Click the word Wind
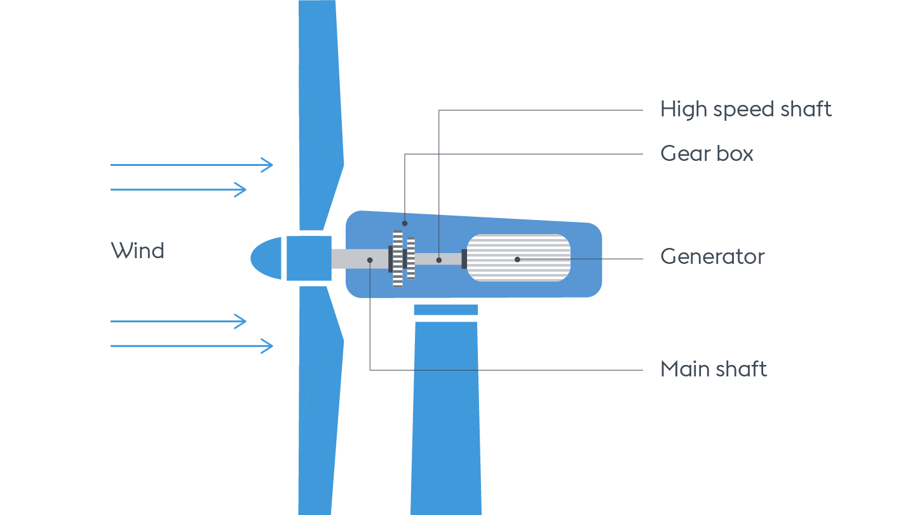pos(137,251)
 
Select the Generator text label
pos(712,257)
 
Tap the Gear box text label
pos(707,154)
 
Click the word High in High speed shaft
pos(683,109)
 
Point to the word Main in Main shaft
pos(684,369)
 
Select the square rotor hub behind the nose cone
pos(309,258)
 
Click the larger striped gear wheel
pos(398,259)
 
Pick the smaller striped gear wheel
pos(411,258)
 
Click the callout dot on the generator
pos(517,259)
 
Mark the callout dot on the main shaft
pos(370,259)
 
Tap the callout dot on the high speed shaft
pos(439,260)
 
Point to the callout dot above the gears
pos(405,223)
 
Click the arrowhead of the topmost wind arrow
pos(269,165)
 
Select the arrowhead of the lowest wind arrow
pos(269,346)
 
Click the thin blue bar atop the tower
pos(445,310)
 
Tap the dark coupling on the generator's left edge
pos(464,259)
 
